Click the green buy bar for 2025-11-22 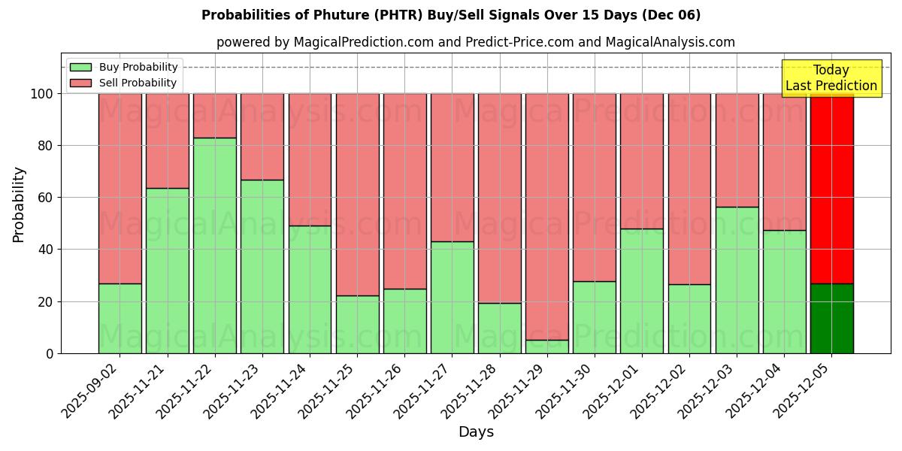coord(215,245)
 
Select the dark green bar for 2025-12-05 coord(831,319)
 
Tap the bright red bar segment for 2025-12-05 coord(831,188)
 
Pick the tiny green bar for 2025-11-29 coord(547,347)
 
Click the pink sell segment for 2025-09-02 coord(120,188)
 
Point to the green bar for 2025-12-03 coord(737,280)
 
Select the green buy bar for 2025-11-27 coord(453,297)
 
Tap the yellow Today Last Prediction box coord(831,78)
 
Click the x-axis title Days coord(476,432)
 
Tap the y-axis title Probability coord(19,204)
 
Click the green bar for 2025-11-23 coord(262,266)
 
